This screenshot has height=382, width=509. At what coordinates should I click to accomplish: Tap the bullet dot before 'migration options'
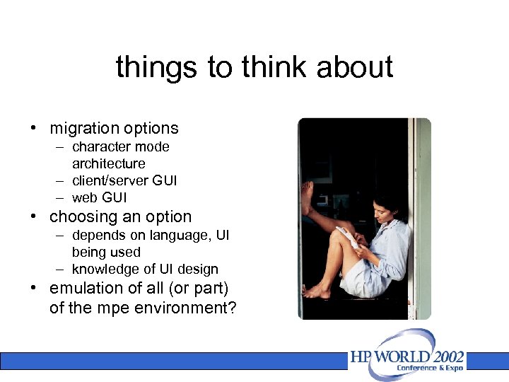tap(33, 129)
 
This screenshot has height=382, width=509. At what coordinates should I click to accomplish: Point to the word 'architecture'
tap(108, 163)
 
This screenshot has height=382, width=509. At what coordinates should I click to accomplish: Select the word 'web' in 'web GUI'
tap(85, 197)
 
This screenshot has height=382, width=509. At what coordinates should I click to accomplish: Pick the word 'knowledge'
tap(101, 269)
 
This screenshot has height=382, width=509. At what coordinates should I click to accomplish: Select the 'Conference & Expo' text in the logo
tap(430, 369)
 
